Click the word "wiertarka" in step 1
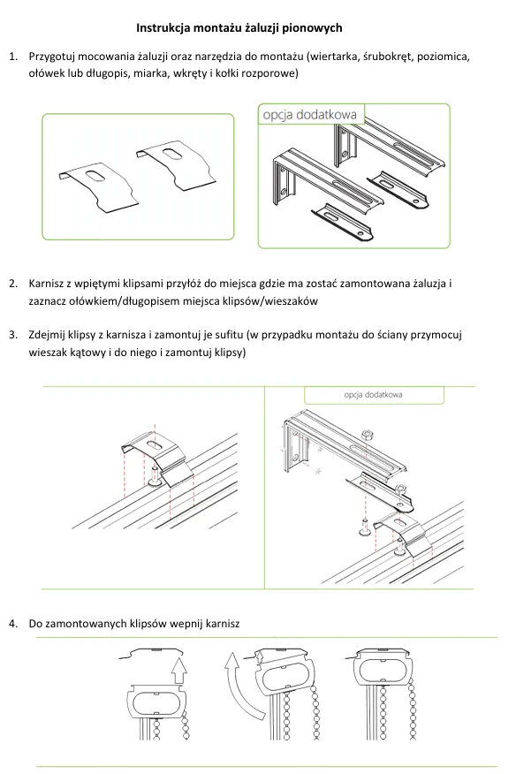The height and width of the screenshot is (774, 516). (334, 57)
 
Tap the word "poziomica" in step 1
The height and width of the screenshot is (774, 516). (443, 57)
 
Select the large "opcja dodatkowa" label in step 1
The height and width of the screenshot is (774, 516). (309, 115)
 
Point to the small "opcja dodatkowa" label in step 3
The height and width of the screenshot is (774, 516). (373, 394)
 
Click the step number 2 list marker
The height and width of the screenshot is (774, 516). (13, 284)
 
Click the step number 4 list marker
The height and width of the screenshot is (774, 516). (13, 624)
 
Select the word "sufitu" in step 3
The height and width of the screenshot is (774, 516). (229, 335)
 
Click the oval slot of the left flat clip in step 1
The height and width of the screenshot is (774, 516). (94, 176)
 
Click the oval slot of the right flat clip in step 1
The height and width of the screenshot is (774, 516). (171, 154)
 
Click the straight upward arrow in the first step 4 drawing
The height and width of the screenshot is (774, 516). (179, 671)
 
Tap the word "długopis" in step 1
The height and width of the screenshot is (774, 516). (107, 74)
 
